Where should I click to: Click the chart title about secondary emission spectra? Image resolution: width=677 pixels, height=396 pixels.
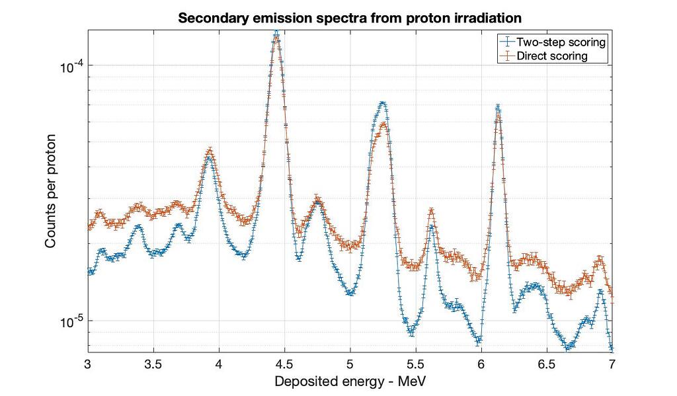[x=350, y=18]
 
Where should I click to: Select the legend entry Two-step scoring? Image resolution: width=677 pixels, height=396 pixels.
[x=561, y=42]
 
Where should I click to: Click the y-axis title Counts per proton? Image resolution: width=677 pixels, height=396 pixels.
[x=51, y=191]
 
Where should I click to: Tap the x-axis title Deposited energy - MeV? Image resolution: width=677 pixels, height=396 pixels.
[x=350, y=381]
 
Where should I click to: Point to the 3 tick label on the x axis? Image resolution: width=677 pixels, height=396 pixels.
[x=88, y=364]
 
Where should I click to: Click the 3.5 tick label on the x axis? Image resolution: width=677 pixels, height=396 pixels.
[x=153, y=364]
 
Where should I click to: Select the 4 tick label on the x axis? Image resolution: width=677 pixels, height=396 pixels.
[x=219, y=364]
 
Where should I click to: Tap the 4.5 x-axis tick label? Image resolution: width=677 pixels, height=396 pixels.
[x=284, y=364]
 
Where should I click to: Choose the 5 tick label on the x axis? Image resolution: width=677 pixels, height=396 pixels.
[x=350, y=364]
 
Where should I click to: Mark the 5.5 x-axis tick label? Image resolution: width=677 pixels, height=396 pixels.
[x=415, y=364]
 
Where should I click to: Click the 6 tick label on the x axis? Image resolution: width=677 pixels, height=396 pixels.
[x=481, y=364]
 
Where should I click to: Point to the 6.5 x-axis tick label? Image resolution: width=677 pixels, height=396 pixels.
[x=546, y=364]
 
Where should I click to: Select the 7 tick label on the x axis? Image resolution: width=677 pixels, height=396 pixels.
[x=612, y=364]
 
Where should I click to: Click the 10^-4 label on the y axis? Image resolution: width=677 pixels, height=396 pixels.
[x=69, y=66]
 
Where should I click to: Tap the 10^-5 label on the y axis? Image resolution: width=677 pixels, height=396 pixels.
[x=69, y=322]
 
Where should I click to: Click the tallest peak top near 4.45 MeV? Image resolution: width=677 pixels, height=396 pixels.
[x=277, y=36]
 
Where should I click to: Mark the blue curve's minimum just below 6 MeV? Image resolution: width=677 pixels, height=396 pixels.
[x=479, y=341]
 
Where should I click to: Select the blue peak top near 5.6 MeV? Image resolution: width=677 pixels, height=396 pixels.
[x=432, y=227]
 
